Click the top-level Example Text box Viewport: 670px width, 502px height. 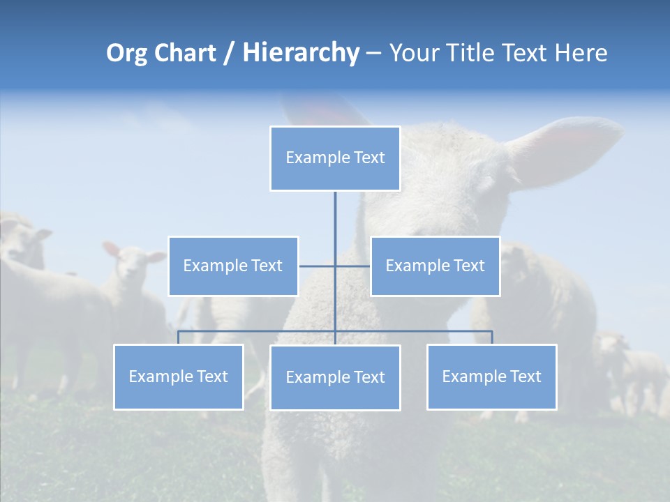pyautogui.click(x=335, y=158)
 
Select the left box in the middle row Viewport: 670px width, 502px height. pyautogui.click(x=233, y=266)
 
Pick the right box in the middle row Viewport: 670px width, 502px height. pyautogui.click(x=435, y=266)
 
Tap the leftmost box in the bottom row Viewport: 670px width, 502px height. pyautogui.click(x=179, y=376)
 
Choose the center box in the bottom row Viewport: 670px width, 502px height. pyautogui.click(x=335, y=377)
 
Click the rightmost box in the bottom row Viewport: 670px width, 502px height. pyautogui.click(x=491, y=376)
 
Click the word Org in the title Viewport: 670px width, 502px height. pyautogui.click(x=126, y=53)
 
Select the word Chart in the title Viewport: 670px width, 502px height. pyautogui.click(x=184, y=53)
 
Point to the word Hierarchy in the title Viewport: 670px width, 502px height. pyautogui.click(x=300, y=53)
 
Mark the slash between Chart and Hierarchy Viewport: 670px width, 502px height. pyautogui.click(x=229, y=53)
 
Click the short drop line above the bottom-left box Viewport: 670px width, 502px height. pyautogui.click(x=179, y=337)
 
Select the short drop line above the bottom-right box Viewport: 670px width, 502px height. pyautogui.click(x=491, y=337)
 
